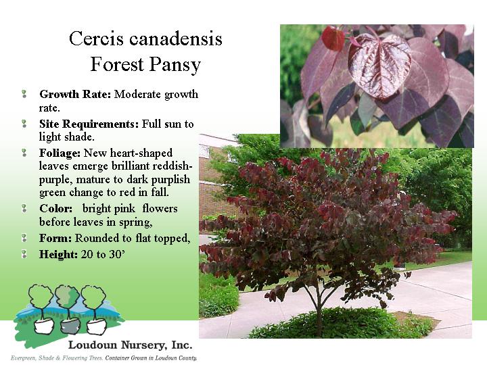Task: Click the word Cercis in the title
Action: [x=96, y=39]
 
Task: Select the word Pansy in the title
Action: [x=175, y=65]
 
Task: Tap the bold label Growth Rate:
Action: [x=75, y=94]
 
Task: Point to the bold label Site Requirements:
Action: [x=89, y=124]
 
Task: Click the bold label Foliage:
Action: [x=60, y=153]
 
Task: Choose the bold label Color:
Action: [x=56, y=208]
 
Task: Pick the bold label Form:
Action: [x=55, y=238]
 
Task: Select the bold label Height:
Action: [x=58, y=255]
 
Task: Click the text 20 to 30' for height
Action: [x=103, y=255]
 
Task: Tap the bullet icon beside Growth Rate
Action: [x=24, y=94]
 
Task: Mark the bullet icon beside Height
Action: [x=24, y=254]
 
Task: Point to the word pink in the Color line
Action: [x=124, y=209]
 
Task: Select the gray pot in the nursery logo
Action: [x=70, y=326]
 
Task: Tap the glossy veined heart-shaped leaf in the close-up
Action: [x=379, y=66]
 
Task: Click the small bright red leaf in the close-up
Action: [x=333, y=38]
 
